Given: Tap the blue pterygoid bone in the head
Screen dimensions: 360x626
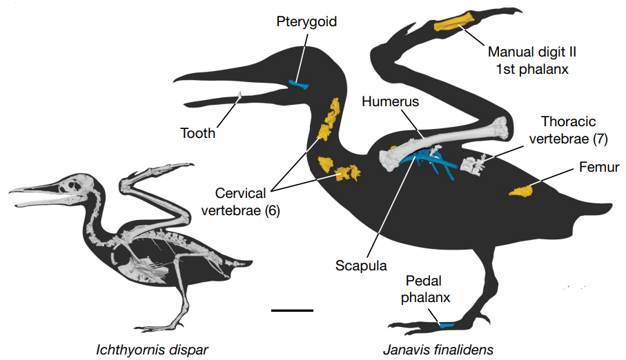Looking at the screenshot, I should (x=299, y=86).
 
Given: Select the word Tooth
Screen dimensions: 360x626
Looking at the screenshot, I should (x=198, y=132).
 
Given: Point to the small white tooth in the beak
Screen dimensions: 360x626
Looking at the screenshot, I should (x=239, y=97).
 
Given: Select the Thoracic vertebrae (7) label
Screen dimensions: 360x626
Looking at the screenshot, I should (x=567, y=130).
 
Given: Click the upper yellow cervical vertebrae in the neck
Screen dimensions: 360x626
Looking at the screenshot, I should (x=329, y=119).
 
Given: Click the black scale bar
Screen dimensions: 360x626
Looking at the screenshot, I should (x=292, y=311).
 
